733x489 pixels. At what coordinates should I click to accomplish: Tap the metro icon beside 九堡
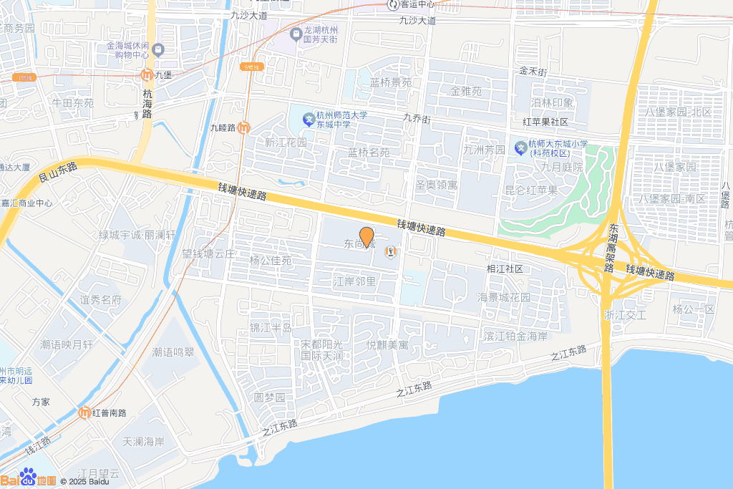coord(146,74)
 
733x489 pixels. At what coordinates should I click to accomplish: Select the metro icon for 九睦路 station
coord(244,128)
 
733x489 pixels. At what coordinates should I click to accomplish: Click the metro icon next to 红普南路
coord(84,412)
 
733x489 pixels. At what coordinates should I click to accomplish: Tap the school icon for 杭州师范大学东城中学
coord(309,117)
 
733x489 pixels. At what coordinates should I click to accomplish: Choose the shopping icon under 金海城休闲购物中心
coord(158,50)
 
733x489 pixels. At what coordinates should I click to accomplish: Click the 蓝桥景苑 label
coord(391,82)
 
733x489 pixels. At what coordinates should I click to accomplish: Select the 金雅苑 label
coord(466,91)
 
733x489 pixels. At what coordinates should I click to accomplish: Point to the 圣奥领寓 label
coord(436,185)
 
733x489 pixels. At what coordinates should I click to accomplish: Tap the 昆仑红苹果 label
coord(530,190)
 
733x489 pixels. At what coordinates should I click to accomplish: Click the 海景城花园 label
coord(504,297)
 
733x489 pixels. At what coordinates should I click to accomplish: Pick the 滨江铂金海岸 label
coord(515,336)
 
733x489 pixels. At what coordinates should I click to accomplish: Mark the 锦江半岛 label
coord(271,328)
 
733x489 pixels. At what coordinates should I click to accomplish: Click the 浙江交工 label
coord(625,315)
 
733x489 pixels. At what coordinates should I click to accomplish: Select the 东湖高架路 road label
coord(610,236)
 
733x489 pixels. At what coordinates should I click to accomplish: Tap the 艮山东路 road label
coord(57,171)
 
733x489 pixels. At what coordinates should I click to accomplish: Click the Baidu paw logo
coord(28,477)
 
